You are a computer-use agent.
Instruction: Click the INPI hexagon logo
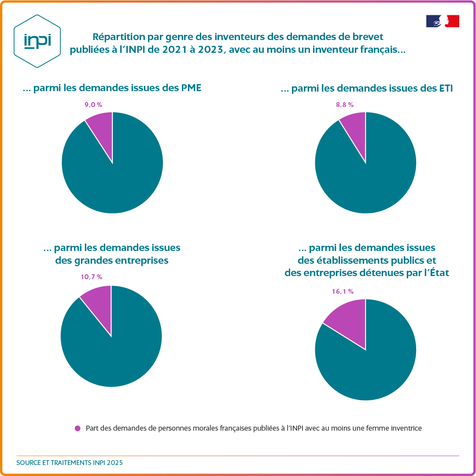click(37, 41)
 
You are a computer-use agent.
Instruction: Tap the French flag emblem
click(443, 21)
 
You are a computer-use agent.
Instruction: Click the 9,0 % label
click(93, 104)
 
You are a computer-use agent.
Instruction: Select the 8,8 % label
click(344, 104)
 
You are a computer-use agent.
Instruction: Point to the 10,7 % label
click(91, 277)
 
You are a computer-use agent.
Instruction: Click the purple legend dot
click(78, 428)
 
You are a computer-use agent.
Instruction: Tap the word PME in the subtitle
click(191, 88)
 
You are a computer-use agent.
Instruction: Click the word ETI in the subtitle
click(445, 89)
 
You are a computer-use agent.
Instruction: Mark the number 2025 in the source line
click(115, 463)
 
